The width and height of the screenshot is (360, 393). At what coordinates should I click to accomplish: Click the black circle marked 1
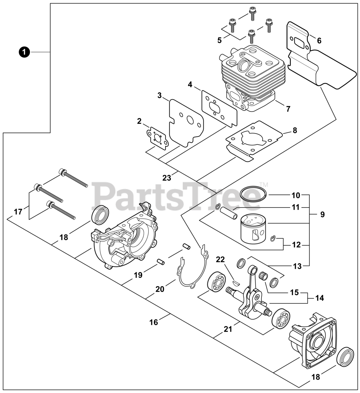[24, 52]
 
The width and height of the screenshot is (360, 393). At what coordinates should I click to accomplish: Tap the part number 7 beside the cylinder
[288, 109]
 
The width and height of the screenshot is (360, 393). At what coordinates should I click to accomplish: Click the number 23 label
[167, 178]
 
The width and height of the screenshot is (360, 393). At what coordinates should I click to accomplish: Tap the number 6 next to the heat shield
[319, 41]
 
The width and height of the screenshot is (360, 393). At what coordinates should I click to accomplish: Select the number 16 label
[154, 322]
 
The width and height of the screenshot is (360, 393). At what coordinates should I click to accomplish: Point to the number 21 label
[228, 329]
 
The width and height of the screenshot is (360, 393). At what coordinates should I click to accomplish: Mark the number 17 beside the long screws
[18, 212]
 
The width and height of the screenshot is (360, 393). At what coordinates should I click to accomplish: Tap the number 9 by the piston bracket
[322, 214]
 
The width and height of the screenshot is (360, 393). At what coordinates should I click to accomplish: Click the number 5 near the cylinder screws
[219, 40]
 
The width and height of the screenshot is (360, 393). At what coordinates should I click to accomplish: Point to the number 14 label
[319, 298]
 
